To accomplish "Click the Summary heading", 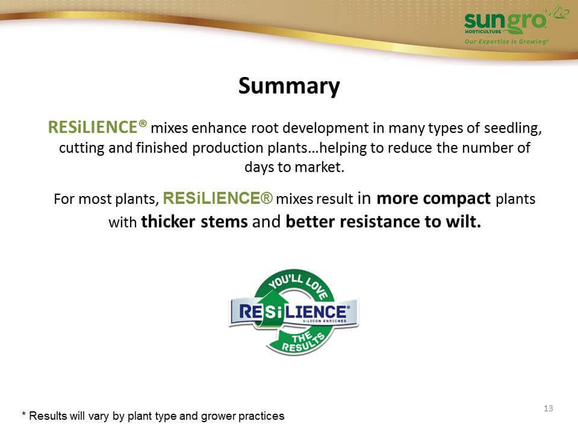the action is [x=289, y=86].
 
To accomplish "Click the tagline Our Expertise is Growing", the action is [x=506, y=41].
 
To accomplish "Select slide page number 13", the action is [x=548, y=408].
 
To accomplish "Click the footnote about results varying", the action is [x=153, y=416].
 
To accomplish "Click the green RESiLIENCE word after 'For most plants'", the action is [x=217, y=198].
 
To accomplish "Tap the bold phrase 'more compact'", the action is [x=433, y=198].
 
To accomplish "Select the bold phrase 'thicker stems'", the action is [x=194, y=222].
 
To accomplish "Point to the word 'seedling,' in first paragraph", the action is [x=513, y=128].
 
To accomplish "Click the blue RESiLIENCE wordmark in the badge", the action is [x=293, y=312].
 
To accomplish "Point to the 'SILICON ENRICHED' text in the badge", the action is [x=325, y=321].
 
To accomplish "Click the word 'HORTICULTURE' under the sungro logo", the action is [x=483, y=32].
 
